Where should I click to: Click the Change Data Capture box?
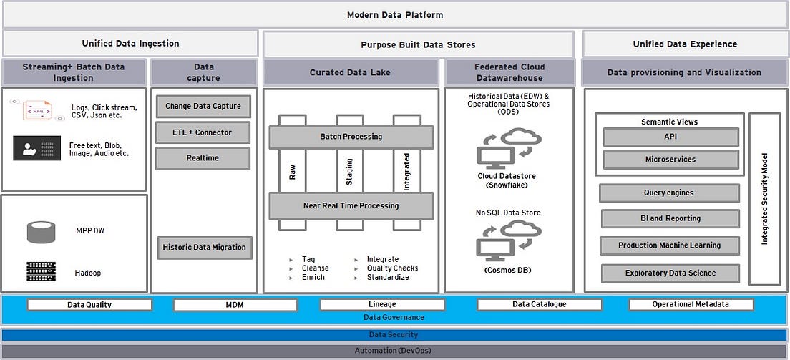(203, 107)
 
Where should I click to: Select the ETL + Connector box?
(203, 132)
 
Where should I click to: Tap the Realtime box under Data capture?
(203, 158)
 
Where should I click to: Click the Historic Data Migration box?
(204, 248)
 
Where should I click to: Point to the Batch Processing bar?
(351, 137)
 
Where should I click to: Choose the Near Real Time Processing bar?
(351, 206)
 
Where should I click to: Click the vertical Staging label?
(350, 172)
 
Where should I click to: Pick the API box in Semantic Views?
(670, 137)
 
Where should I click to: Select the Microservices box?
(670, 160)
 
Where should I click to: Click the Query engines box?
(669, 193)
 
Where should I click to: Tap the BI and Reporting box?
(671, 219)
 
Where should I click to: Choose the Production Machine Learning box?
(670, 245)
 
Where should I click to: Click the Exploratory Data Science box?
(670, 273)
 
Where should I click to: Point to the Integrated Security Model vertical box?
(764, 199)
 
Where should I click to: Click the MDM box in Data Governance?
(235, 305)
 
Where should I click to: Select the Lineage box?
(382, 305)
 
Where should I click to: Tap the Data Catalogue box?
(539, 305)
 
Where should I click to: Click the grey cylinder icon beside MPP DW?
(41, 231)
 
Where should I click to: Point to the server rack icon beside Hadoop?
(41, 271)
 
